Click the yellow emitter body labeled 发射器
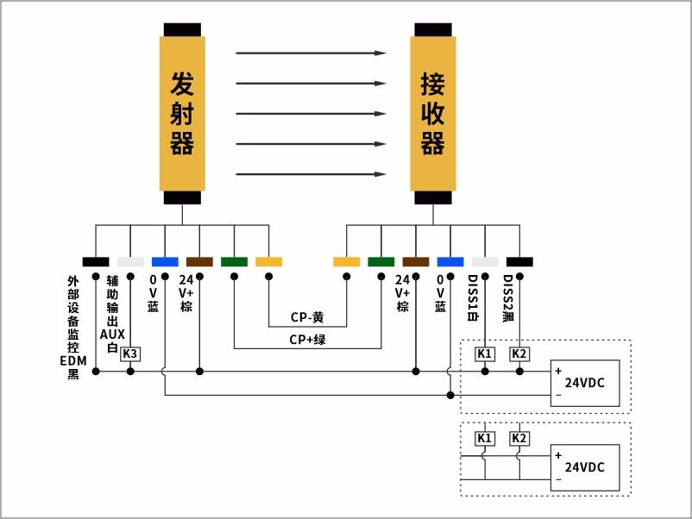tap(181, 113)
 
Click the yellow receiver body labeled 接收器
tap(432, 113)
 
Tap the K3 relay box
tap(130, 353)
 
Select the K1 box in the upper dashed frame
tap(485, 353)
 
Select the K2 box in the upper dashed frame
tap(519, 353)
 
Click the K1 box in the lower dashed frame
tap(485, 438)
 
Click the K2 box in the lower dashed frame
tap(519, 438)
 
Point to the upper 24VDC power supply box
tap(585, 383)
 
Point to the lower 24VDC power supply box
tap(585, 467)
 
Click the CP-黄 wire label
tap(307, 317)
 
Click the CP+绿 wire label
tap(307, 340)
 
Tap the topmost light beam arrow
tap(311, 53)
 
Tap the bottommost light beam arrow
tap(311, 174)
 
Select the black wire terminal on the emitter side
tap(96, 261)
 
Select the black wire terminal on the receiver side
tap(519, 261)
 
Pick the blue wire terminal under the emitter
tap(165, 261)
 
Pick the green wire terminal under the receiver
tap(381, 261)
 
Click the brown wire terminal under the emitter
tap(199, 261)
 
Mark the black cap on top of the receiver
tap(432, 29)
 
